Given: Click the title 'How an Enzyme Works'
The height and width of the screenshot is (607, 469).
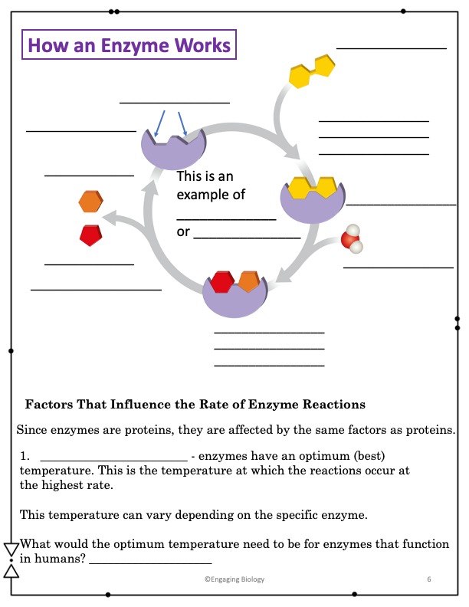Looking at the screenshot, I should point(129,45).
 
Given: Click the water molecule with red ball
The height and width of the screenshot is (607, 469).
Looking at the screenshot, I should point(352,238).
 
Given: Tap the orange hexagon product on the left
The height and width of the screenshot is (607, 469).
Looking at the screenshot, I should point(90,202).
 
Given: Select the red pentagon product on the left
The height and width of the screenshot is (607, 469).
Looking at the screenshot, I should point(90,235).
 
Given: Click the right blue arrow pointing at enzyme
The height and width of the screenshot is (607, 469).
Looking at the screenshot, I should point(182,123).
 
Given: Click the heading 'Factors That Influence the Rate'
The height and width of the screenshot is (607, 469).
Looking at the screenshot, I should point(195,404).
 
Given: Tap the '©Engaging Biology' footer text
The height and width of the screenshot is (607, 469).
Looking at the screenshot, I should point(235,579).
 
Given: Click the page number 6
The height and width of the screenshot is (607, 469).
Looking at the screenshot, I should point(429,579).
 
